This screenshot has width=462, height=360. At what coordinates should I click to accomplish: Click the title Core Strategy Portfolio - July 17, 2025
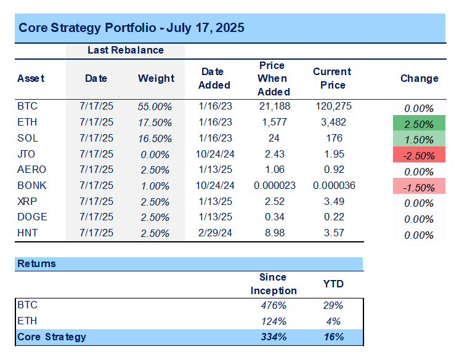pyautogui.click(x=131, y=28)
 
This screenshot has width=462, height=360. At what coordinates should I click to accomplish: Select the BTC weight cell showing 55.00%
pyautogui.click(x=155, y=106)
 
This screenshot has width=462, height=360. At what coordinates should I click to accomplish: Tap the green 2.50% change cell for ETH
pyautogui.click(x=419, y=123)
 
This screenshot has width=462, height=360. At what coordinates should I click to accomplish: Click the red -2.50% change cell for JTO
pyautogui.click(x=419, y=155)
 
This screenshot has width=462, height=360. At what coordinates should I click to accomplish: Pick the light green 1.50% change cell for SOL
pyautogui.click(x=419, y=139)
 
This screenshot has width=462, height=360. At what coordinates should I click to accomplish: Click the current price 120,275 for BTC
pyautogui.click(x=332, y=106)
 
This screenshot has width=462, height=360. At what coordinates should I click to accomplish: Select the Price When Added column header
pyautogui.click(x=272, y=78)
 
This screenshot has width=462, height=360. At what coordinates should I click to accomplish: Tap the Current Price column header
pyautogui.click(x=332, y=78)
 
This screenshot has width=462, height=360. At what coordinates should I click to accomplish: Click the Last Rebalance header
pyautogui.click(x=125, y=50)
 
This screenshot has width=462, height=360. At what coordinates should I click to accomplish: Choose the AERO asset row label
pyautogui.click(x=32, y=169)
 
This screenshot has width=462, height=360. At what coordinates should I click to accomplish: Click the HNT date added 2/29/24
pyautogui.click(x=214, y=233)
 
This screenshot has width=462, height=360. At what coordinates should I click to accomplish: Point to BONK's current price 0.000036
pyautogui.click(x=332, y=185)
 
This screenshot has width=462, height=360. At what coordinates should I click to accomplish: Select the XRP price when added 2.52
pyautogui.click(x=272, y=201)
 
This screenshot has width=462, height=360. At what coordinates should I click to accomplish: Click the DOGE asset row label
pyautogui.click(x=33, y=217)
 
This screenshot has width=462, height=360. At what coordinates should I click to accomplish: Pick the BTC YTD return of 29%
pyautogui.click(x=333, y=305)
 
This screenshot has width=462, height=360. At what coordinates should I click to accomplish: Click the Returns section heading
pyautogui.click(x=36, y=263)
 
